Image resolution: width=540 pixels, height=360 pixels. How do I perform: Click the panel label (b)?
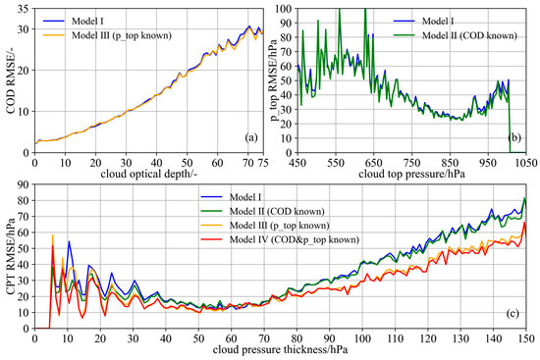(x=514, y=137)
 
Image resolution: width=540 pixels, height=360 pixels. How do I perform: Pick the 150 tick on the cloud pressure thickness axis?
(x=526, y=336)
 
